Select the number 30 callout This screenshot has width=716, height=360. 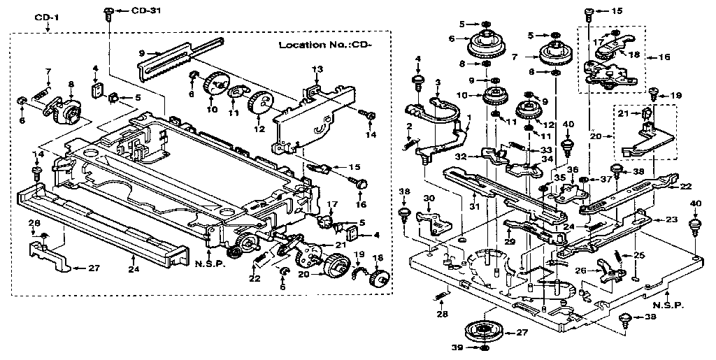[429, 199]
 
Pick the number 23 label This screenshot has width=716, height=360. [672, 219]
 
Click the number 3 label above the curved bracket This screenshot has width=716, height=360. [437, 82]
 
